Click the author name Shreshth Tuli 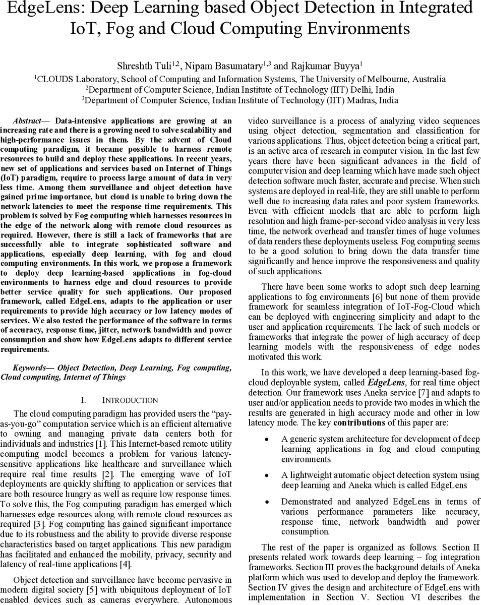144,66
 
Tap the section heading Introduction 130,400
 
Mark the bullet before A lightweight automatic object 267,475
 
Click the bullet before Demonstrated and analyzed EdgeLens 267,502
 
